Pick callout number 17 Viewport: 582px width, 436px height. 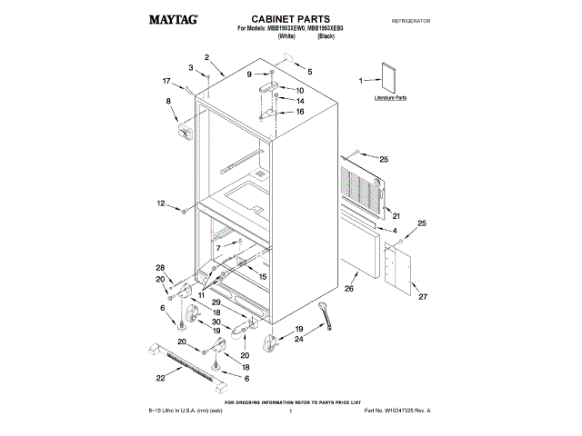click(x=166, y=81)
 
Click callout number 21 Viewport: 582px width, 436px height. click(x=396, y=215)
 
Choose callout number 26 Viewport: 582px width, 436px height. click(x=349, y=290)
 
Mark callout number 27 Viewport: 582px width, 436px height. click(x=420, y=296)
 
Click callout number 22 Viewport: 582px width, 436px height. click(x=161, y=377)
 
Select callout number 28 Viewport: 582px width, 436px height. click(x=161, y=267)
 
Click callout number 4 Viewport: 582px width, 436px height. click(x=395, y=231)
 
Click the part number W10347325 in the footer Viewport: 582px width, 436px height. click(x=397, y=412)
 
